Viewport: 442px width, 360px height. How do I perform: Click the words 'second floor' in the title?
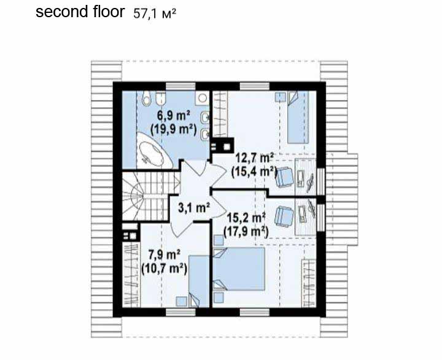[80, 12]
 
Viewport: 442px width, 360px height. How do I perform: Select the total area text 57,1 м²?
[155, 14]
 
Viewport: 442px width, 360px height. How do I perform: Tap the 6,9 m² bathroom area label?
[173, 116]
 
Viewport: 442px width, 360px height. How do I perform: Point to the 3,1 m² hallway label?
[194, 208]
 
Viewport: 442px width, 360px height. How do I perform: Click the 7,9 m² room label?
[165, 255]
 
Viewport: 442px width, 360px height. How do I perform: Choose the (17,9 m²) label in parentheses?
[246, 232]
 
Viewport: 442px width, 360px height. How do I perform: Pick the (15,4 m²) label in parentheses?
[254, 172]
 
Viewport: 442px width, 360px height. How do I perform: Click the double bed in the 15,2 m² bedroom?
[239, 269]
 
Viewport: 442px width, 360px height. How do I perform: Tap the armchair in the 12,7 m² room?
[285, 177]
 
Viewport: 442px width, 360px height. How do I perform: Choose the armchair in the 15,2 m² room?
[284, 216]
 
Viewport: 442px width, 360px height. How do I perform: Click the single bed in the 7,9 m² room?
[198, 281]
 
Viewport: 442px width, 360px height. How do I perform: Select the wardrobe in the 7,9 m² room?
[131, 274]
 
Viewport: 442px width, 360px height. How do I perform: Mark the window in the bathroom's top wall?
[180, 86]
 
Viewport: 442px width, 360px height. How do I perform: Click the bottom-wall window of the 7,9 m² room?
[180, 312]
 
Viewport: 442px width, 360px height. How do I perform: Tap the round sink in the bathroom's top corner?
[203, 98]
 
